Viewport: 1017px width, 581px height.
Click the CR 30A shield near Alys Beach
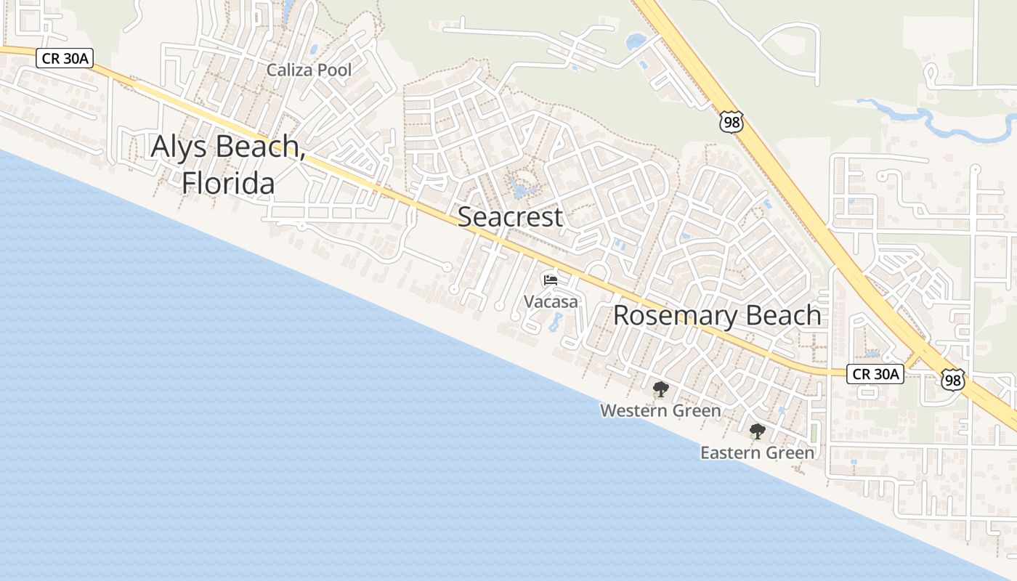coord(65,59)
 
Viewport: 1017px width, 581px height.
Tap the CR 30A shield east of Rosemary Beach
coord(875,374)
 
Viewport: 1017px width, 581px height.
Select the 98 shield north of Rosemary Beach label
coord(732,122)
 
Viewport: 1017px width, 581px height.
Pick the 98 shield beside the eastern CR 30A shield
coord(952,379)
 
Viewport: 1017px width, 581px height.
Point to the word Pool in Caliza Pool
coord(336,70)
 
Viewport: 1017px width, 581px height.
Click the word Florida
coord(228,183)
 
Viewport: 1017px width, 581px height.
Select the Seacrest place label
coord(510,216)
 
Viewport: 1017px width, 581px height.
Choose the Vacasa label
coord(551,301)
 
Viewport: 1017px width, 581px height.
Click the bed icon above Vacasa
coord(551,280)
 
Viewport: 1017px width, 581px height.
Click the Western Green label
coord(660,411)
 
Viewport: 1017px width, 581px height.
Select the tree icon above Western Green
coord(660,390)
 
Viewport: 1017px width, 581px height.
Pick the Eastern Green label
coord(757,453)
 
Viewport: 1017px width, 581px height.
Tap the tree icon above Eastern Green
coord(758,431)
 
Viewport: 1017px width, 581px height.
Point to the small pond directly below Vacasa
coord(554,321)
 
